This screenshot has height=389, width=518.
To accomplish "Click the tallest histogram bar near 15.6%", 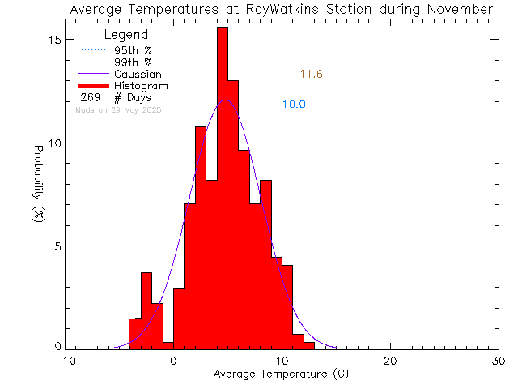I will click(222, 186).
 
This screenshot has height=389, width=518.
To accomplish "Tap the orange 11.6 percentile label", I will click(312, 75).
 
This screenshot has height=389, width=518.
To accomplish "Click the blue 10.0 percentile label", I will click(294, 105).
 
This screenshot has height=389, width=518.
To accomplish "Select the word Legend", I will click(126, 36).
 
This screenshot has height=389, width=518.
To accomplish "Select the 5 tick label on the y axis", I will click(57, 246).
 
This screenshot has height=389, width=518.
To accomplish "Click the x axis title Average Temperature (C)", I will click(281, 374).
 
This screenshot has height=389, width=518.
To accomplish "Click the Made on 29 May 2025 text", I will click(118, 109).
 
